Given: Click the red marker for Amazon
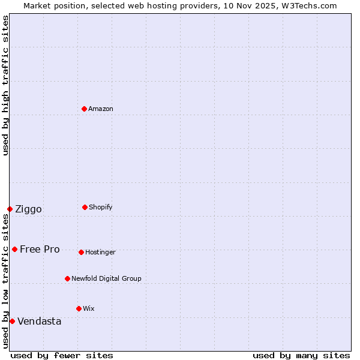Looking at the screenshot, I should pos(84,109).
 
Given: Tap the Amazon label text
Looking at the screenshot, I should pos(101,109).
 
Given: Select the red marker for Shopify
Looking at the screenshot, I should pos(85,207).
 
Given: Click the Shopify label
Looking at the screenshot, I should pos(101,208).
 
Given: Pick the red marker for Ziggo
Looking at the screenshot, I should pos(10,209).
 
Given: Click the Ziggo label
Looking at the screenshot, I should pos(28,209).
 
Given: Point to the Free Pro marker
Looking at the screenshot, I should pos(14,249).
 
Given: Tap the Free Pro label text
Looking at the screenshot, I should pos(40,250).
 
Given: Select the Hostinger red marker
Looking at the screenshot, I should pos(81,252).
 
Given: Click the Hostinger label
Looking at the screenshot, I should pos(100,253).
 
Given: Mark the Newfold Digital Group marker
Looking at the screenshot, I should pos(67,278).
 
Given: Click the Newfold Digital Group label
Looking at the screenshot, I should pos(106,279).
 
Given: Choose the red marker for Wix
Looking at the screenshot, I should pos(79,308).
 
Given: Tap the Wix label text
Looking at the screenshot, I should pos(89,309).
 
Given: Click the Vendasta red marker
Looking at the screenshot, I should pos(12,321).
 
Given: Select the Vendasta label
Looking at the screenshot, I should pos(39,322).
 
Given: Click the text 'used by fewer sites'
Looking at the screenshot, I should pos(62,356).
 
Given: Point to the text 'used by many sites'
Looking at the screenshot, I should pos(301,356).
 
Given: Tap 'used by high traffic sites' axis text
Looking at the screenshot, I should pos(6,85).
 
